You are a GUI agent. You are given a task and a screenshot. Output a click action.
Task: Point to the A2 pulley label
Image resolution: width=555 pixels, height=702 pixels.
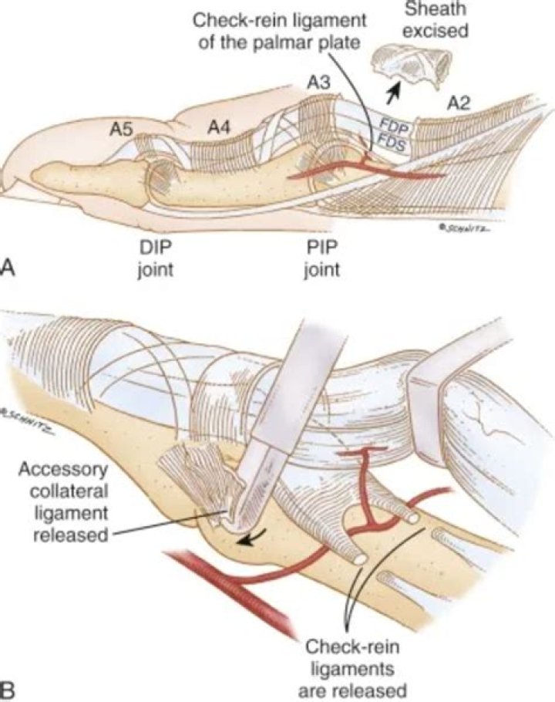pos(459,104)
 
